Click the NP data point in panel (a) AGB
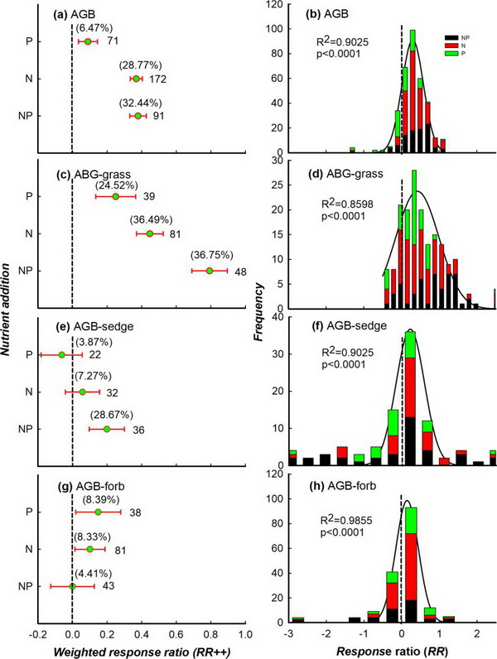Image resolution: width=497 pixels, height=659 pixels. (138, 116)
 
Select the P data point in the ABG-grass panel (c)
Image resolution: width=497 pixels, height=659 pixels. (116, 196)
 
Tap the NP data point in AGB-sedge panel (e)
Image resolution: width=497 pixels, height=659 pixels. (107, 429)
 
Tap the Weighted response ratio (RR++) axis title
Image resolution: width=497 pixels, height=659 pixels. (142, 651)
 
